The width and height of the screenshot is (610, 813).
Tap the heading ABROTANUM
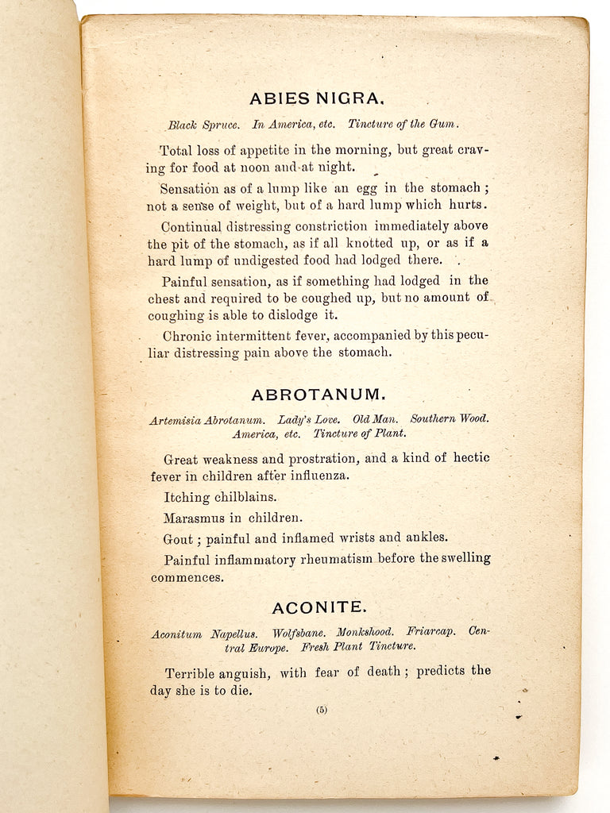pos(319,395)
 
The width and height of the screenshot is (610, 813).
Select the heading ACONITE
pos(319,607)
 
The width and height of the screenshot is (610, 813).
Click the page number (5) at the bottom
pos(321,710)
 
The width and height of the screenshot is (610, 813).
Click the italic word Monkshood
pos(365,632)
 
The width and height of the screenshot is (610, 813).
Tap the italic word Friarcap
pos(430,632)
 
